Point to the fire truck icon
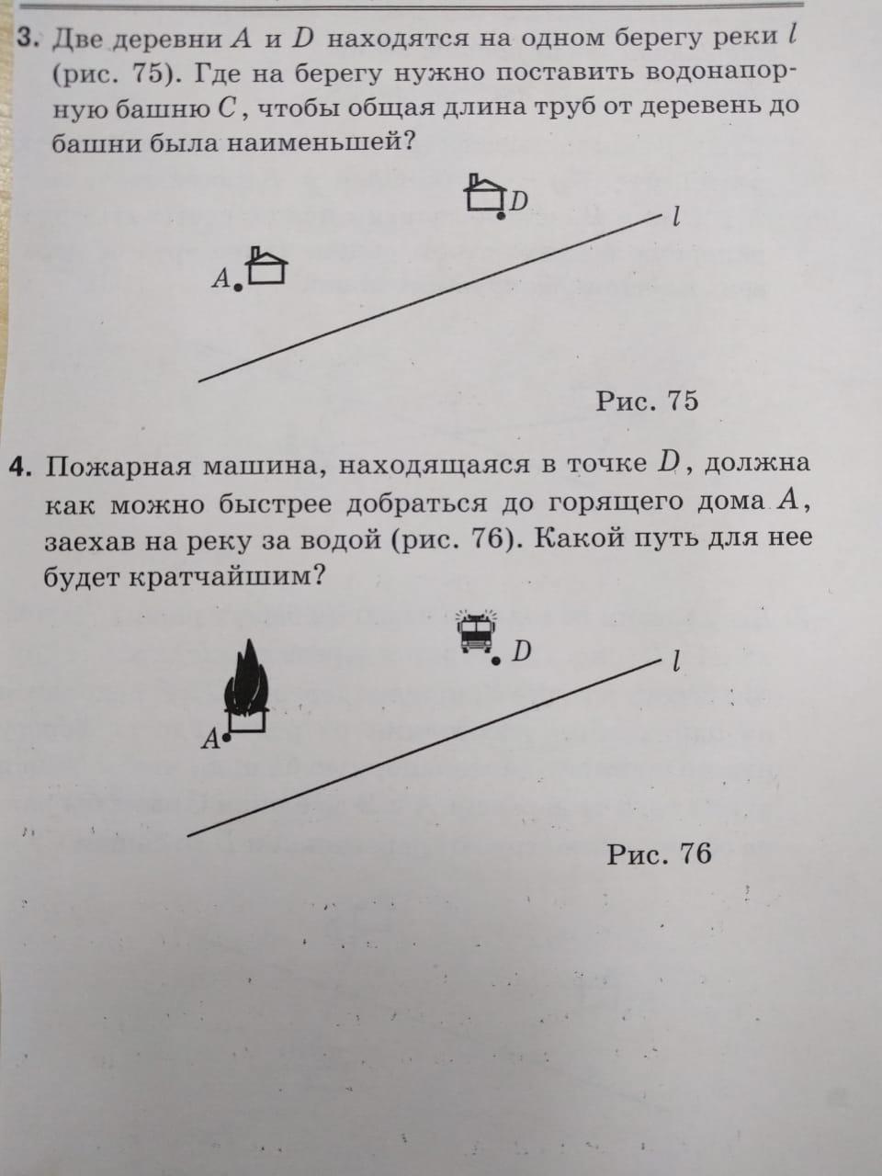coord(476,632)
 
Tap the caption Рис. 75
coord(647,401)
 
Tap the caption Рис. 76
coord(659,854)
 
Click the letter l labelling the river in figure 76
coord(676,661)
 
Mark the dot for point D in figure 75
coord(501,215)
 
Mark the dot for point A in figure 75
coord(238,288)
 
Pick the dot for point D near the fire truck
coord(496,661)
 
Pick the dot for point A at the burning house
coord(226,736)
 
